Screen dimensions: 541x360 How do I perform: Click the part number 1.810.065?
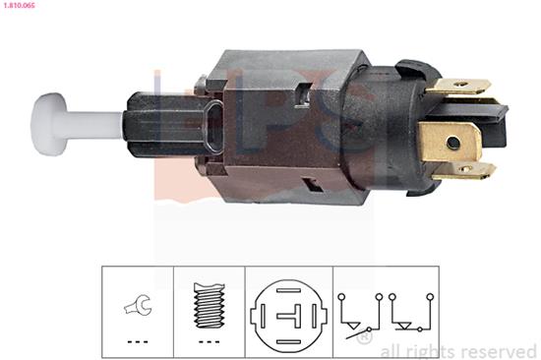(x=19, y=6)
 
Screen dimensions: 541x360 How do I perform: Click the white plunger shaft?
(x=93, y=125)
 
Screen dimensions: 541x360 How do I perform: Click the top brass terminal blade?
(x=458, y=86)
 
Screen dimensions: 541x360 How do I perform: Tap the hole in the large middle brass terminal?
(x=453, y=142)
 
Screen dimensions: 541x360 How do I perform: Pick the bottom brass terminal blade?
(x=464, y=171)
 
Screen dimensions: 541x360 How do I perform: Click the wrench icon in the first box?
(x=138, y=305)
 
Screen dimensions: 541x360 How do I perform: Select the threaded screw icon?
(x=210, y=305)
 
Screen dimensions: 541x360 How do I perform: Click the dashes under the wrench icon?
(x=138, y=342)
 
